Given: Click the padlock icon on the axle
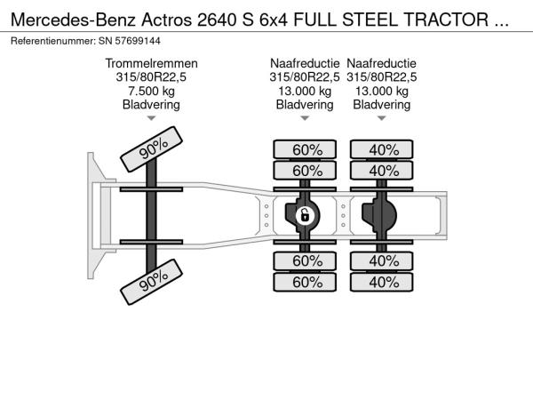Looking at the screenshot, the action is tap(305, 216).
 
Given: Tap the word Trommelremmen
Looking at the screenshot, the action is tap(151, 63).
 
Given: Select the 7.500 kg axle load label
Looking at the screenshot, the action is tap(151, 91).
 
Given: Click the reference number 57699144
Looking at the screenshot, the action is tap(138, 41).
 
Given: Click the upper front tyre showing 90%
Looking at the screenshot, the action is tap(152, 149).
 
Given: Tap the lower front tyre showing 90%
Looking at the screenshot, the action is tap(152, 282).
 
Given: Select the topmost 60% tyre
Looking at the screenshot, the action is tap(305, 149).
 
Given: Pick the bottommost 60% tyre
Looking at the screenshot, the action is tap(305, 282).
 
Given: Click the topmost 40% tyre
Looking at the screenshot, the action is tap(382, 149).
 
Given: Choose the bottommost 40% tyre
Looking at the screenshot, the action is tap(382, 282).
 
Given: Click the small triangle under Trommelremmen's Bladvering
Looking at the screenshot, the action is tap(151, 118).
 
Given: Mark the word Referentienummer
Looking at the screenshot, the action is tap(52, 41).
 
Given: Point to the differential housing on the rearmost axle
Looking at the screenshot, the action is tap(379, 216).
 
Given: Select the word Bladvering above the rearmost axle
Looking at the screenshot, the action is tap(382, 105).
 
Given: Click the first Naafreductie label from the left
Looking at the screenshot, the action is tap(305, 63).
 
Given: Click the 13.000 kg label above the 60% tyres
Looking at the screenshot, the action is tap(305, 91).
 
